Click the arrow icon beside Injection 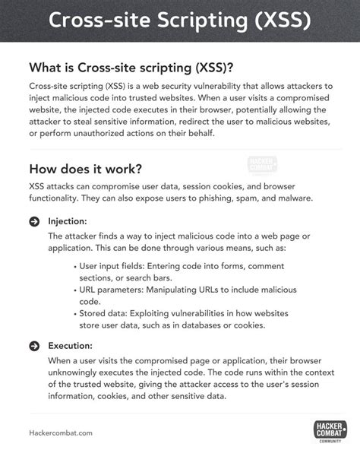click(34, 221)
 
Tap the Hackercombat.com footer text click(60, 432)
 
